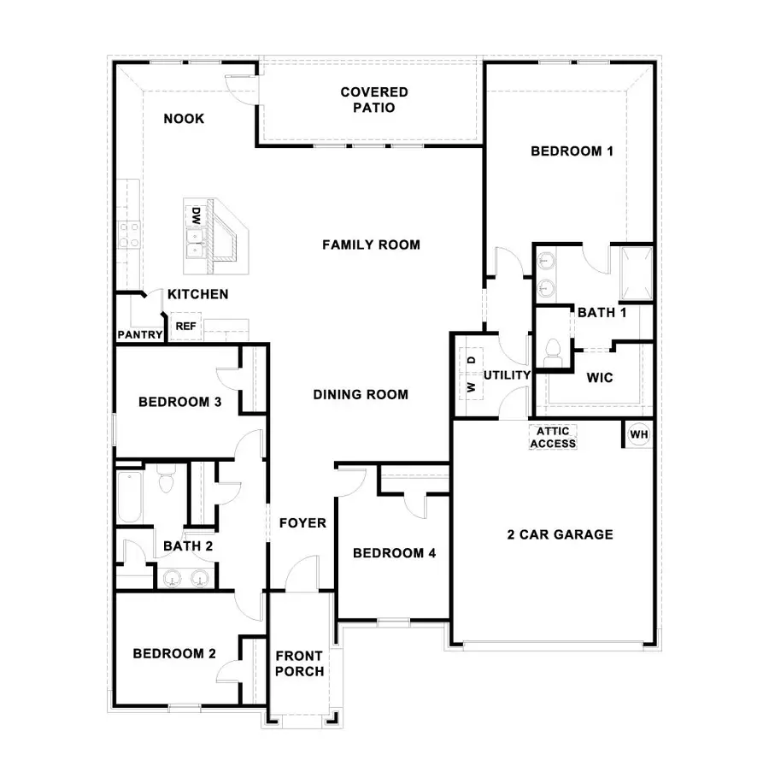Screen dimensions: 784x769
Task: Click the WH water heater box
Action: tap(639, 434)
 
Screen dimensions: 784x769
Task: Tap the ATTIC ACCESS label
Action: tap(553, 437)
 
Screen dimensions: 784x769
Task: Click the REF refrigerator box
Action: tap(185, 326)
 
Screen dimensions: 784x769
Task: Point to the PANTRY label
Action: tap(139, 334)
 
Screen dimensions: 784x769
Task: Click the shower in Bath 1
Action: tap(637, 274)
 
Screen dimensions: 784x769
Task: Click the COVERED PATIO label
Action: tap(374, 100)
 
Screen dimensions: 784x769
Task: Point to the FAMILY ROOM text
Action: tap(371, 245)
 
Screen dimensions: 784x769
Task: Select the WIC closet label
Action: tap(599, 377)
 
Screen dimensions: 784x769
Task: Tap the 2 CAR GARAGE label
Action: tap(560, 535)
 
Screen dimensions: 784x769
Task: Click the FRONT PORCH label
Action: tap(299, 663)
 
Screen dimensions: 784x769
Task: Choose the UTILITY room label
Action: tap(508, 374)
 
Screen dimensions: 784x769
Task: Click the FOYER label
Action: tap(302, 522)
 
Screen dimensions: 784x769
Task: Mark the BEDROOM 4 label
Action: tap(395, 553)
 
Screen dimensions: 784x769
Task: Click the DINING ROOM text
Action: tap(361, 394)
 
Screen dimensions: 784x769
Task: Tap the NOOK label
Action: tap(184, 119)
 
